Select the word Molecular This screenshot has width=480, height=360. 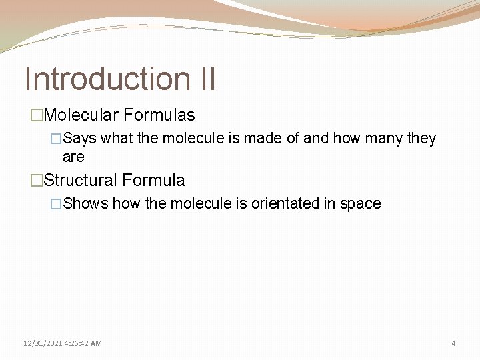tap(81, 115)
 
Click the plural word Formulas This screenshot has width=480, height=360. tap(159, 115)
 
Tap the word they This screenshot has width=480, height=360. tap(421, 139)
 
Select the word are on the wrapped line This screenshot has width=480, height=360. tap(73, 157)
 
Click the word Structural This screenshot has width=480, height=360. tap(83, 180)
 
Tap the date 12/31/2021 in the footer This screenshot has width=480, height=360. tap(42, 343)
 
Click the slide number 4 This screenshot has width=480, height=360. tap(453, 343)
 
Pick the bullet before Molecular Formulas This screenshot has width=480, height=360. tap(36, 116)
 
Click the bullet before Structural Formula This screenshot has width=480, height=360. tap(36, 181)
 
